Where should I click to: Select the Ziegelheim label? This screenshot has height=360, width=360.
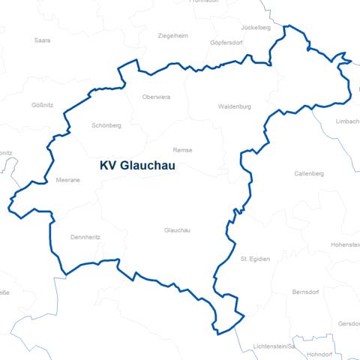[x=173, y=35]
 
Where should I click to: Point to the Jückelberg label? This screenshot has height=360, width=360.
[x=255, y=27]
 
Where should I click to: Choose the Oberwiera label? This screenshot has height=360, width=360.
[x=157, y=97]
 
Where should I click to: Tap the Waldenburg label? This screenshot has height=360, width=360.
[x=234, y=107]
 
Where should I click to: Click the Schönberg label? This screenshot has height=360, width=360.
[x=106, y=125]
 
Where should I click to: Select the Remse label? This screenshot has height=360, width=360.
[x=182, y=150]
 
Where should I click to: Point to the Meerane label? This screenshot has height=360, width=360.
[x=69, y=180]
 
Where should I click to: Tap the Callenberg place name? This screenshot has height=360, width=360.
[x=309, y=174]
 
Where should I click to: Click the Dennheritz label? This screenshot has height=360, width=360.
[x=85, y=237]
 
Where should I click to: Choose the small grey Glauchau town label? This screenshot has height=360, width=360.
[x=178, y=230]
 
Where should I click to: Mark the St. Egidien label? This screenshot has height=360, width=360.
[x=255, y=259]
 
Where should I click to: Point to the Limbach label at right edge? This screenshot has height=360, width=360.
[x=347, y=121]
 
